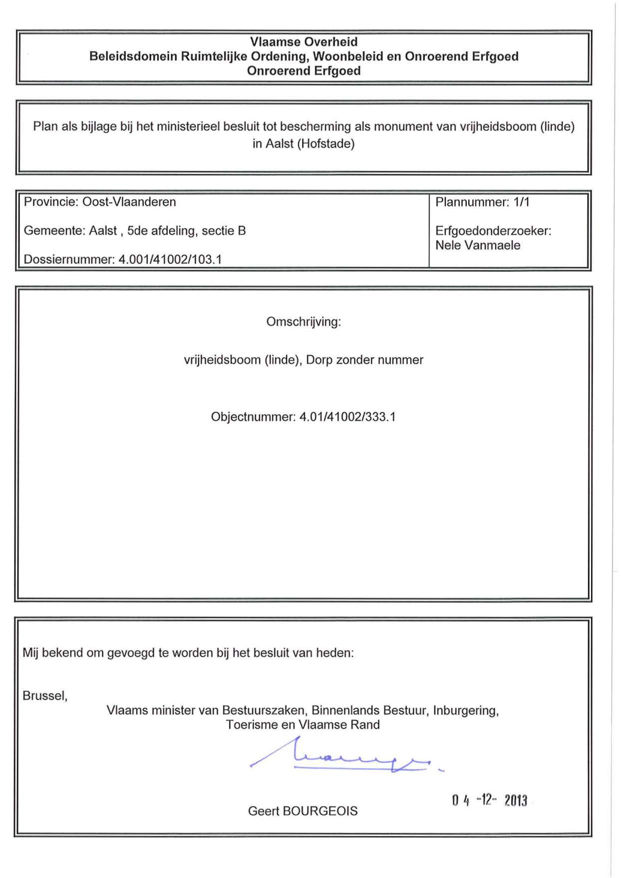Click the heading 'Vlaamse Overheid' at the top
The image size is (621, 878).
click(x=304, y=42)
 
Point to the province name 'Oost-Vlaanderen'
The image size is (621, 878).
click(x=129, y=202)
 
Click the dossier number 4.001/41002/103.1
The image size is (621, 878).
click(x=170, y=259)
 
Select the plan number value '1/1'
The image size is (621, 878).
click(x=521, y=202)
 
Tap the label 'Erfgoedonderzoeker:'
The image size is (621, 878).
click(x=493, y=231)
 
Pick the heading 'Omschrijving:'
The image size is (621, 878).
click(x=304, y=322)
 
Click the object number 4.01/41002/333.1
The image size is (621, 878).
click(x=347, y=417)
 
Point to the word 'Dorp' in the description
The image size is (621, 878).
click(x=319, y=360)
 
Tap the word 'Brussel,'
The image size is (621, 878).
click(x=45, y=696)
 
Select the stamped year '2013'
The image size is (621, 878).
click(x=515, y=801)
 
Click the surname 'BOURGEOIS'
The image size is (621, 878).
click(x=320, y=811)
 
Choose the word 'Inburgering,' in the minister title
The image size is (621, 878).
click(x=466, y=711)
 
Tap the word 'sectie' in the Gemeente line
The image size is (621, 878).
click(x=218, y=231)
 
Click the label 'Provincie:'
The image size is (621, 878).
click(x=51, y=202)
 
